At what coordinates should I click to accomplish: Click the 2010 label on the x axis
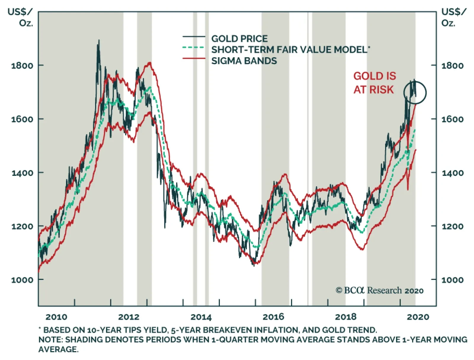[56, 317]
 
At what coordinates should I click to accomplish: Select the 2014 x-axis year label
[201, 317]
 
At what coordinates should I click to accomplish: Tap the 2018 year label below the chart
[345, 317]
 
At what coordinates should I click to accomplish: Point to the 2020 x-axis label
[418, 317]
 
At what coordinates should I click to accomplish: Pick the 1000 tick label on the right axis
[452, 280]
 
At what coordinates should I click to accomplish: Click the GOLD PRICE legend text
[239, 39]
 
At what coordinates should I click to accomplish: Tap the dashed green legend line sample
[194, 47]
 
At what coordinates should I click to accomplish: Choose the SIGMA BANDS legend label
[244, 61]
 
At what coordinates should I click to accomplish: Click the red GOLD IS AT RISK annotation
[374, 83]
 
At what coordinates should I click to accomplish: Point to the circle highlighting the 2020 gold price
[415, 93]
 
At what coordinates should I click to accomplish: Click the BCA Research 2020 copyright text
[379, 290]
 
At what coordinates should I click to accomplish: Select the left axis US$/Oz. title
[20, 17]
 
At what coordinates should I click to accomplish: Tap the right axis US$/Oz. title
[454, 17]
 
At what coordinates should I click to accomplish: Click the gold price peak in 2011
[99, 41]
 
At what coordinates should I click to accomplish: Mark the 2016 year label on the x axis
[273, 317]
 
